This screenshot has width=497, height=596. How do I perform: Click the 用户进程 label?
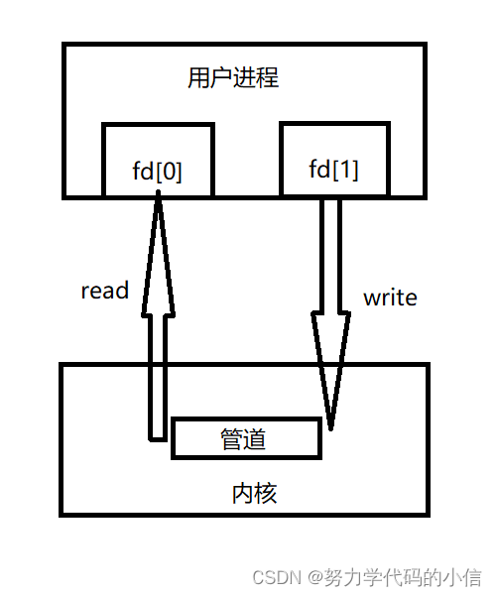click(x=233, y=77)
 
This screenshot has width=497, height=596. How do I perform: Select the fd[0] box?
click(x=158, y=160)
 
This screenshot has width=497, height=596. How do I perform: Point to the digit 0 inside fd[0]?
click(x=170, y=172)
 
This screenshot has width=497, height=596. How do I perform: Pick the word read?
click(x=105, y=291)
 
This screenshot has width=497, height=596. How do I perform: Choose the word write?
click(x=390, y=297)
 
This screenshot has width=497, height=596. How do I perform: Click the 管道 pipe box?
click(x=247, y=438)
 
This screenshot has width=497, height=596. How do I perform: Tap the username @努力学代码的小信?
click(x=393, y=576)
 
